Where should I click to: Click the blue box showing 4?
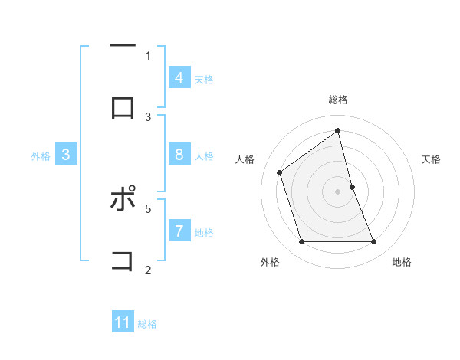[x=179, y=78]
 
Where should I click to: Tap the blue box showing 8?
[x=179, y=155]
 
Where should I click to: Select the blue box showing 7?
[x=179, y=231]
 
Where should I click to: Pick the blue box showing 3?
[x=66, y=155]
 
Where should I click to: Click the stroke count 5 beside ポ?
[x=148, y=208]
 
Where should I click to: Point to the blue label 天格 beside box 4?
[x=204, y=79]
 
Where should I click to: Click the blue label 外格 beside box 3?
[x=41, y=155]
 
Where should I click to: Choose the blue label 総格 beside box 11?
[x=147, y=323]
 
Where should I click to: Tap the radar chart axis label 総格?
[x=338, y=100]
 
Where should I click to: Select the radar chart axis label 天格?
[x=432, y=159]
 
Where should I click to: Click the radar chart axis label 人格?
[x=245, y=159]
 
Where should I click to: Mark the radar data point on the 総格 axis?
[x=337, y=130]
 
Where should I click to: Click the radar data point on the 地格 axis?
[x=373, y=241]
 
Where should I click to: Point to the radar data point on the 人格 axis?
[x=280, y=172]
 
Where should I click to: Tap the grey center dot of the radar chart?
[x=337, y=191]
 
